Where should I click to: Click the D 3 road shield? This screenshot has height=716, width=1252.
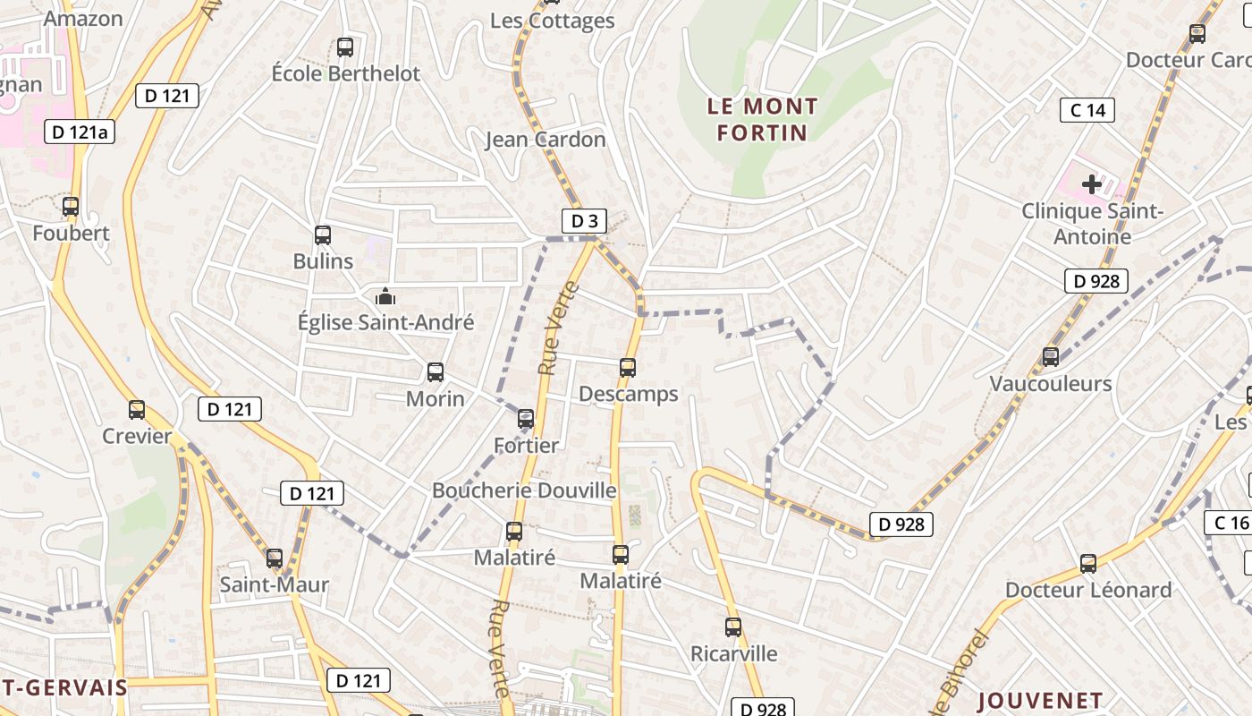point(584,221)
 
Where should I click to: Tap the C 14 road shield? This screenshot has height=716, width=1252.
point(1087,110)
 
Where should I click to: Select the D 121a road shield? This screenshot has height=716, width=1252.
point(80,132)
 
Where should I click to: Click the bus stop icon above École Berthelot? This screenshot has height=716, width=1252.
point(345,47)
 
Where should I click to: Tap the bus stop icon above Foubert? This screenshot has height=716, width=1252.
point(71,207)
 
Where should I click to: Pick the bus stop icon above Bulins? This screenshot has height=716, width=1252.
point(323,235)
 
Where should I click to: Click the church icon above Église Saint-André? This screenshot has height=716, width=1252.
point(385,295)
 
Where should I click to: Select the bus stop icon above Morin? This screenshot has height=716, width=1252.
point(436,372)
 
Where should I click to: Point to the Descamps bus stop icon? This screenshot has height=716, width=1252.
point(628,367)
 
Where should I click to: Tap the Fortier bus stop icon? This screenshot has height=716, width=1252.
point(526,418)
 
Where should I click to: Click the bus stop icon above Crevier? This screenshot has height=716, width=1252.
point(137,410)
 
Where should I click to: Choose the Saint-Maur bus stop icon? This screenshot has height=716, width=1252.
point(275,558)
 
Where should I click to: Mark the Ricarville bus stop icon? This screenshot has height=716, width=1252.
point(733,627)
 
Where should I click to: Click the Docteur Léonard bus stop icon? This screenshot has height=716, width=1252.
point(1088,564)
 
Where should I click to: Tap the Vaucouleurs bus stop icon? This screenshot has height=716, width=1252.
point(1051,357)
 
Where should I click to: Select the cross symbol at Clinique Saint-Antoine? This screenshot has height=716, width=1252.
point(1092,185)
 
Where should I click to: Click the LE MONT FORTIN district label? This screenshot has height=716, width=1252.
point(762,119)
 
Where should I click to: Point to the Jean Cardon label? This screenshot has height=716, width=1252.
point(546,140)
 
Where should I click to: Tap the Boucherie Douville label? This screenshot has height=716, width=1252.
point(524,490)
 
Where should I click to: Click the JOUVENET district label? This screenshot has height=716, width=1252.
point(1040,700)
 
